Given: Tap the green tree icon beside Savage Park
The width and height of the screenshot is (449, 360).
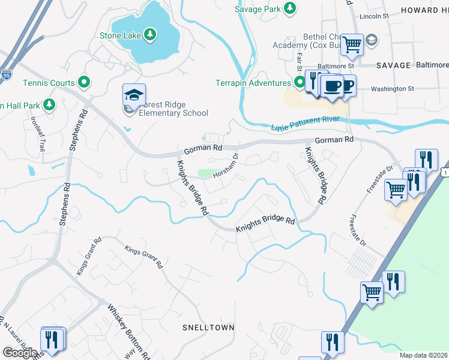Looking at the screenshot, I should pos(290,8).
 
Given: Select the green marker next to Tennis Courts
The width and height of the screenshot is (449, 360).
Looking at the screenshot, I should pos(85,82).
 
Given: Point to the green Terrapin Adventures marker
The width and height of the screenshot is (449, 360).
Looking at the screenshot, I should pos(298,82).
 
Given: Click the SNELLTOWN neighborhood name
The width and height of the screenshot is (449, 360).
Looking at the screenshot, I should pos(208,328).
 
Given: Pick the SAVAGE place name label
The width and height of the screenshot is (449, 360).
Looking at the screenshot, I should pos(394,65).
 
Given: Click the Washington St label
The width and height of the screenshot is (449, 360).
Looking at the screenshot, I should pos(393,88).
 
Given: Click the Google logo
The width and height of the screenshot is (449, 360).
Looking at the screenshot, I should pos(20,353).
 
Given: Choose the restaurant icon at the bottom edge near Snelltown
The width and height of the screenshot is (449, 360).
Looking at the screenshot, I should pos(332,343).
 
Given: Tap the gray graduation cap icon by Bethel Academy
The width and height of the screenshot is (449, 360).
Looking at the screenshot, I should pos(372,40).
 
